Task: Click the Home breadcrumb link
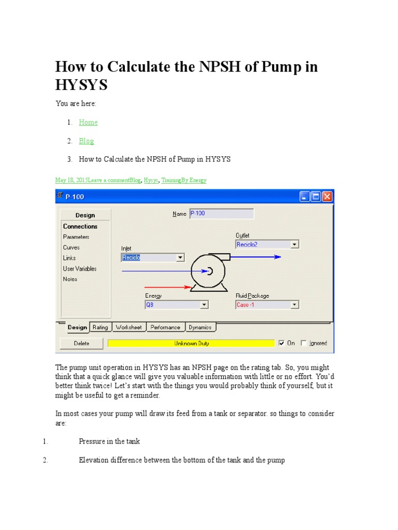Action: (88, 123)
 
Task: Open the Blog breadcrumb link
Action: (86, 141)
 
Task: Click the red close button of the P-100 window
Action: (328, 197)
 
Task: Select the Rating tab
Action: (100, 327)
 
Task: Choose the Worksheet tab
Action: (129, 327)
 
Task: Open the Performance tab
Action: (165, 327)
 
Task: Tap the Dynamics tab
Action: (200, 327)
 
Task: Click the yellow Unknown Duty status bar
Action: (191, 343)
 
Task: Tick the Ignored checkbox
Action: (304, 343)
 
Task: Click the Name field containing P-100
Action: (221, 213)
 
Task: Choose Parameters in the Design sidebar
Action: (76, 237)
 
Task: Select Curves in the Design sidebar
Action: (72, 247)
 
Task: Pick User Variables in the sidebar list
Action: (80, 269)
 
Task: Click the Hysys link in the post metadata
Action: (151, 180)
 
